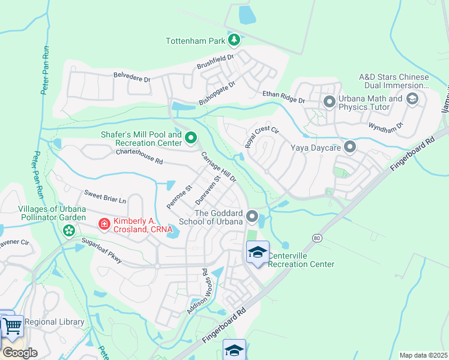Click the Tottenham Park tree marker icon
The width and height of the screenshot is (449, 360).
pos(234,41)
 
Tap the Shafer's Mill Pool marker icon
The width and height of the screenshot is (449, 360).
pos(191,139)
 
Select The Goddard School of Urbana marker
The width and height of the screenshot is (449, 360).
pos(252,216)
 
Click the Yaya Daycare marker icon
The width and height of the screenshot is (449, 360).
pos(350,146)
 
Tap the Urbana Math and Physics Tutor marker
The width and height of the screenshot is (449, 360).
pos(329,102)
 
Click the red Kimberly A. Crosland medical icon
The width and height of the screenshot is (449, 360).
pos(104,224)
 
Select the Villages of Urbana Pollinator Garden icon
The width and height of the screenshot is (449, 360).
pos(69,230)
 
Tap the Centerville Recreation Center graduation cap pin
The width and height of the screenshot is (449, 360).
pos(258,252)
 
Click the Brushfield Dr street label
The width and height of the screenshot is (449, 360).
pos(214,62)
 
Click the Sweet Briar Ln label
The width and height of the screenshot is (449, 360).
pos(105,197)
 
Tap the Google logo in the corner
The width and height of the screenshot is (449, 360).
pos(20,352)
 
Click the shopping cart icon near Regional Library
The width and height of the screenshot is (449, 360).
pos(12,328)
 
